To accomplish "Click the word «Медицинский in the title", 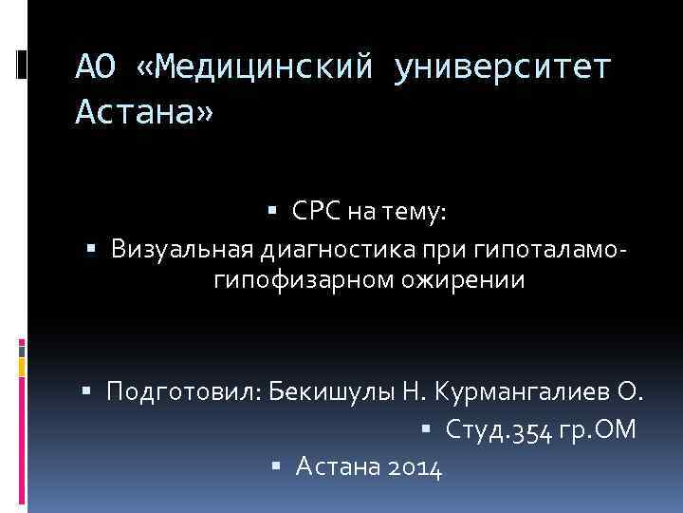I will click(255, 68).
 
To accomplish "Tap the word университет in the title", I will click(502, 68).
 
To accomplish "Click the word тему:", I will click(411, 216).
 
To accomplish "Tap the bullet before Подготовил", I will click(87, 389).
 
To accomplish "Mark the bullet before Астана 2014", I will click(276, 465).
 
